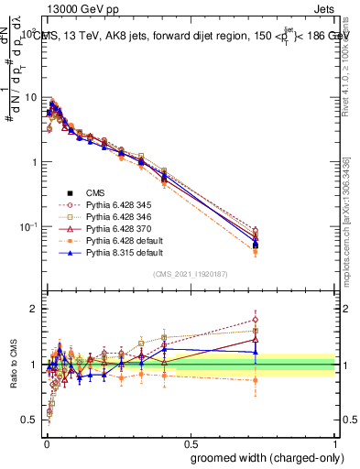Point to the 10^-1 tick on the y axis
(27, 226)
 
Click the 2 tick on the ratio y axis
(34, 309)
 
